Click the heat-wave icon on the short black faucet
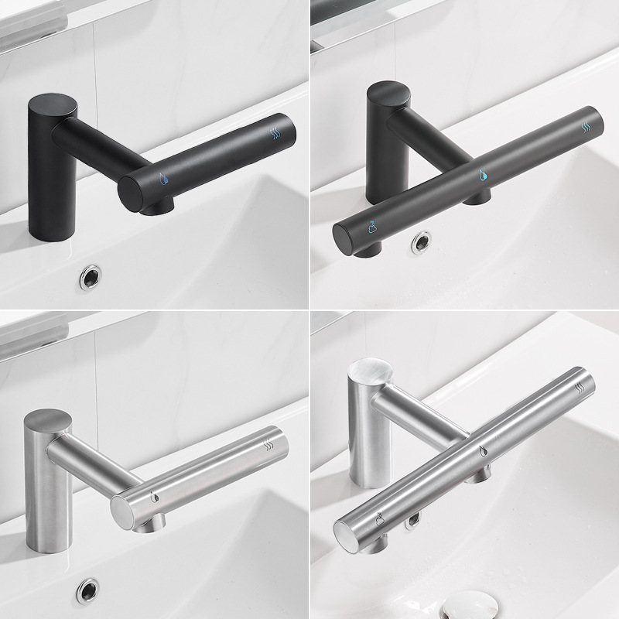tap(275, 132)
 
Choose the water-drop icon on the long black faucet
tap(481, 174)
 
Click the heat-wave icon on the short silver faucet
tap(268, 445)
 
